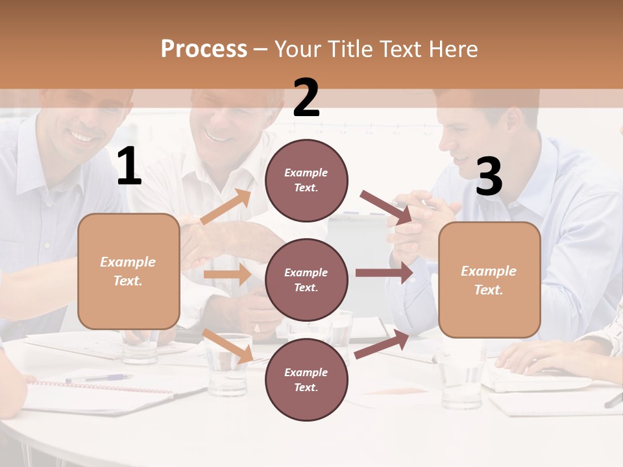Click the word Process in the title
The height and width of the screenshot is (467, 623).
coord(204,49)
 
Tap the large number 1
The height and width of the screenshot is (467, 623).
coord(129,167)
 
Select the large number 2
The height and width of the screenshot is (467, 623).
coord(306,99)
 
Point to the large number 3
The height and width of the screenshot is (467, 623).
coord(489,177)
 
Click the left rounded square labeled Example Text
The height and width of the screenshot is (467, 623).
coord(128,271)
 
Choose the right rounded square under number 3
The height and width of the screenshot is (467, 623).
coord(489,280)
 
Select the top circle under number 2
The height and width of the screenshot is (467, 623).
coord(306,180)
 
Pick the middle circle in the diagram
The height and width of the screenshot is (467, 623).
coord(306,280)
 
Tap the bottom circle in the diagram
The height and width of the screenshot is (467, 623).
coord(306,379)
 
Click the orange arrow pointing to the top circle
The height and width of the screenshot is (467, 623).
coord(226,206)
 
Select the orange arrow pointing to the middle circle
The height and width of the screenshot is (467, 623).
coord(226,274)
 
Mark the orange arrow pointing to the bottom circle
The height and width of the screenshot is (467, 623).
coord(228,346)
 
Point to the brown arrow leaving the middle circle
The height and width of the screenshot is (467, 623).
coord(384,272)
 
